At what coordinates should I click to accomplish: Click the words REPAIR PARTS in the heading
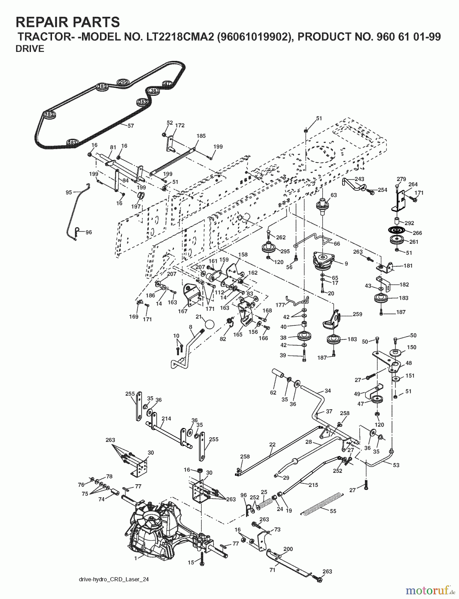click(x=68, y=22)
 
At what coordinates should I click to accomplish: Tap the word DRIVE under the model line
click(x=30, y=49)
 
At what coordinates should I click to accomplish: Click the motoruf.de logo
click(x=430, y=591)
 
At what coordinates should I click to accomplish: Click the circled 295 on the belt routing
click(x=123, y=82)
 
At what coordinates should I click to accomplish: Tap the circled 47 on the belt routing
click(x=167, y=84)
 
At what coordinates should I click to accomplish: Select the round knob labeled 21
click(x=209, y=323)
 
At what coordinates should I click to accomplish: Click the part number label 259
click(x=357, y=314)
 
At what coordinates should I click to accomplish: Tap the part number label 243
click(x=359, y=179)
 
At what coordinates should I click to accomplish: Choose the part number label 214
click(x=166, y=418)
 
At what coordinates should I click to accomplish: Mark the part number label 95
click(x=69, y=192)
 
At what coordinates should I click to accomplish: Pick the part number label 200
click(x=288, y=549)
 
